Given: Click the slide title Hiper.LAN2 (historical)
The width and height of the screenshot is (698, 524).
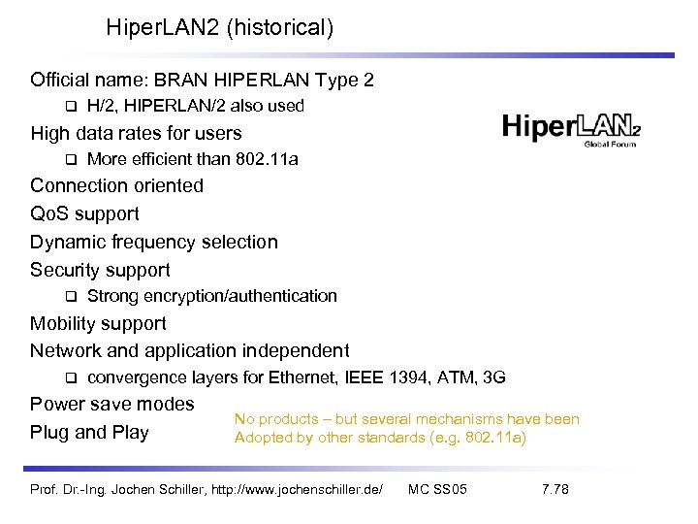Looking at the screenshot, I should coord(220,28).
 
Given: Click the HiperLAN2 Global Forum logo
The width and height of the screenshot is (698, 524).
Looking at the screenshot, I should coord(572,129).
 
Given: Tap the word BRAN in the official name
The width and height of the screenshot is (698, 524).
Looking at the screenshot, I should coord(207,80).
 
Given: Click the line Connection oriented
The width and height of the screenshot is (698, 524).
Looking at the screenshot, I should coord(116,185).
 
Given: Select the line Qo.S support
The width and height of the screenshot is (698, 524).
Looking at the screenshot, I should coord(84,213).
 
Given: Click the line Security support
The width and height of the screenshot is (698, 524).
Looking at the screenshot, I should coord(100,270).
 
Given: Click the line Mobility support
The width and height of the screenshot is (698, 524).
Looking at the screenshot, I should coord(98,323).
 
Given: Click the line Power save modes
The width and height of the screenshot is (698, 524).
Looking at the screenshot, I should coord(111,404).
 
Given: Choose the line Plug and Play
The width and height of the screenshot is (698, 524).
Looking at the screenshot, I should coord(89,432).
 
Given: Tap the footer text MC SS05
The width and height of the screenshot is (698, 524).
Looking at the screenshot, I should coord(438,489).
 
